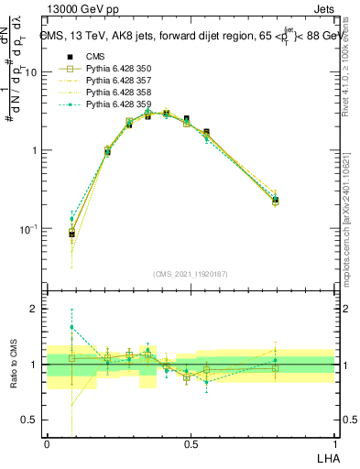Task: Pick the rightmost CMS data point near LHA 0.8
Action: click(275, 200)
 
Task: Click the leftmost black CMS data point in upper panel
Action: click(71, 234)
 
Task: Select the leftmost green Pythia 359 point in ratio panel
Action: click(71, 327)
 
